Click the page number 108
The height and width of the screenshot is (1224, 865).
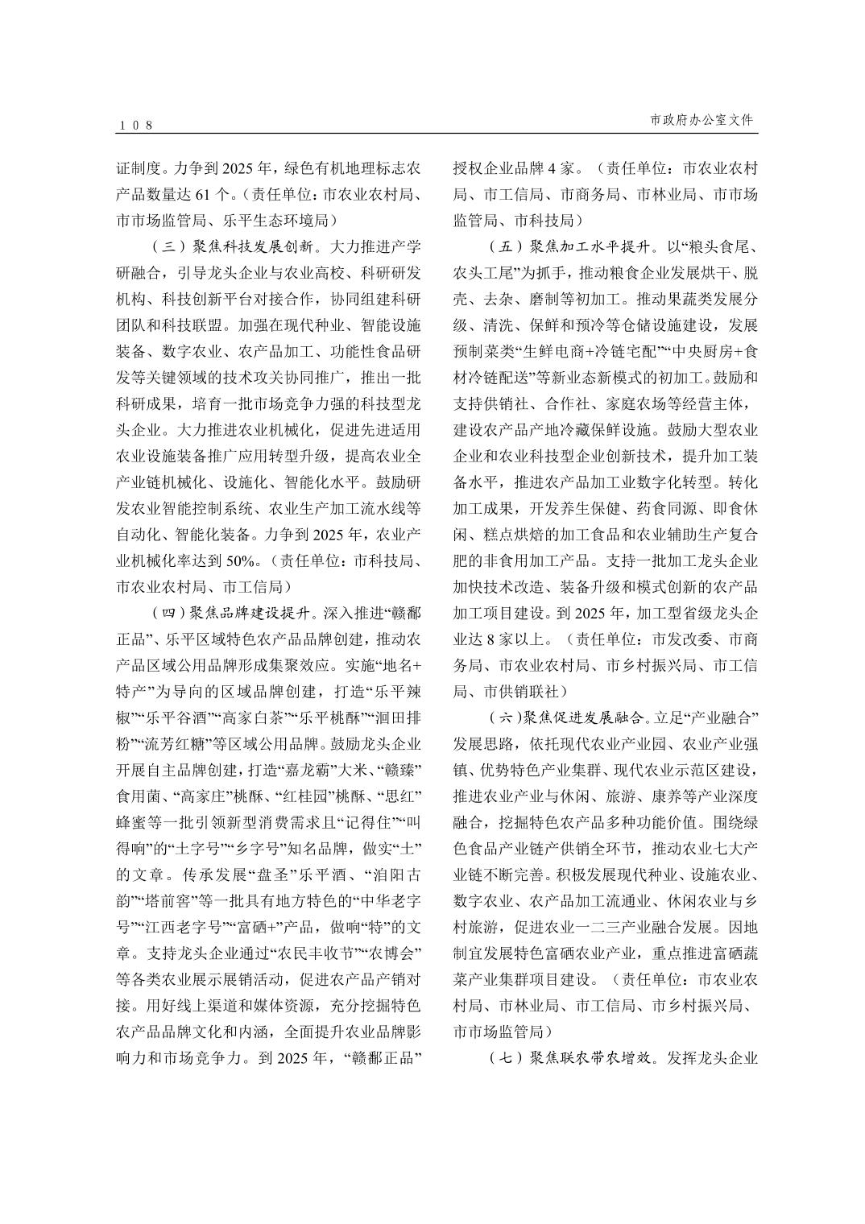click(x=135, y=125)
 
